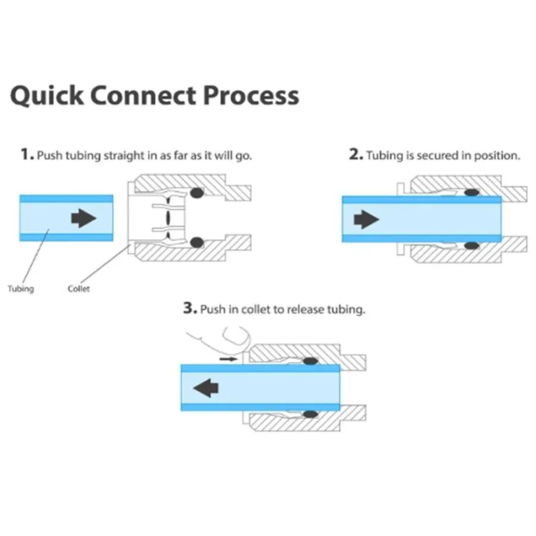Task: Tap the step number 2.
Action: (x=356, y=155)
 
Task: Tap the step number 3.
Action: (x=189, y=309)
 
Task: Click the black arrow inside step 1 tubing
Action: (x=83, y=219)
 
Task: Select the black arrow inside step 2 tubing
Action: (x=366, y=220)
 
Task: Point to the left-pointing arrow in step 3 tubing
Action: (x=206, y=389)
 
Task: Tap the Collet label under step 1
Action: (x=79, y=289)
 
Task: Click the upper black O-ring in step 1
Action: (x=196, y=193)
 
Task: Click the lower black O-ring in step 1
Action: (x=196, y=242)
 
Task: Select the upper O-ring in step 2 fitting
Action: (x=472, y=193)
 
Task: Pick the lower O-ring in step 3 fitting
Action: (x=309, y=414)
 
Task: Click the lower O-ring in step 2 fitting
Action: (x=472, y=245)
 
